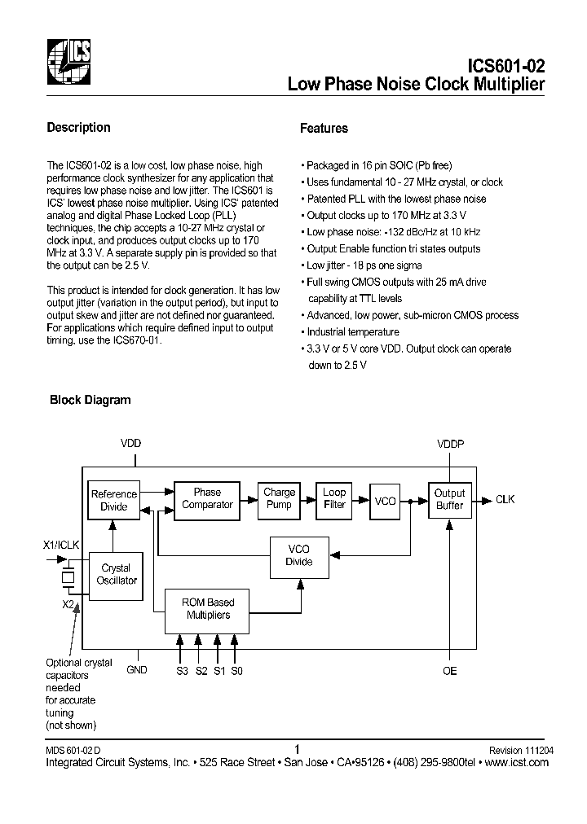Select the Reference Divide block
coord(114,500)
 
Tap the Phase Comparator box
coord(207,498)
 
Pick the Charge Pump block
coord(279,498)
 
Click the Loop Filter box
coord(334,498)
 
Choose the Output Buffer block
coord(449,499)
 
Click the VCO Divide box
coord(298,555)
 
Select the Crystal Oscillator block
coord(116,574)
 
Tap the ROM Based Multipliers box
coord(210,609)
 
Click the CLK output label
coord(505,499)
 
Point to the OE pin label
coord(449,670)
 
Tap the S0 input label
coord(236,670)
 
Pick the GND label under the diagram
coord(137,669)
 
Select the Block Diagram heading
coord(90,400)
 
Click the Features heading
coord(324,128)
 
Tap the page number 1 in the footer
coord(297,749)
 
